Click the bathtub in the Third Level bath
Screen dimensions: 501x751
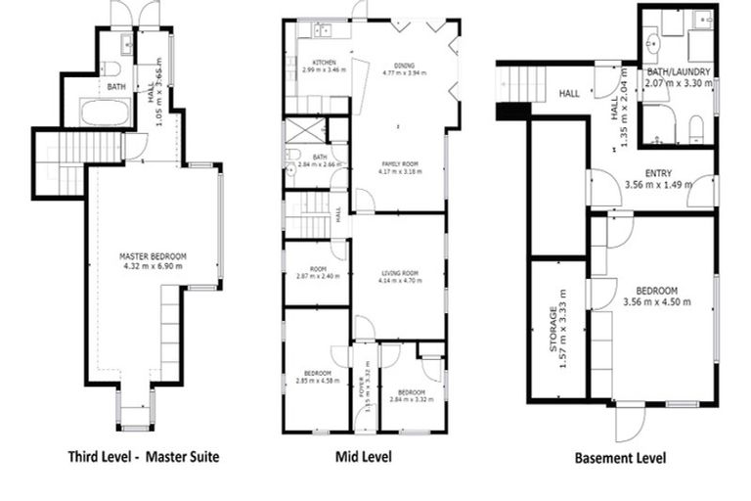[x=106, y=113]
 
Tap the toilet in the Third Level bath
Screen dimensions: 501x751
[x=110, y=68]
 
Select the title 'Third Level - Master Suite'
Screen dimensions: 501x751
[x=143, y=456]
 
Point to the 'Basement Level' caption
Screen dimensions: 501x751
[x=620, y=457]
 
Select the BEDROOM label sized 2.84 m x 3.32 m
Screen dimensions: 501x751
[x=409, y=394]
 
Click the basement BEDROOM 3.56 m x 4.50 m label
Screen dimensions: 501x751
[x=657, y=295]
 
